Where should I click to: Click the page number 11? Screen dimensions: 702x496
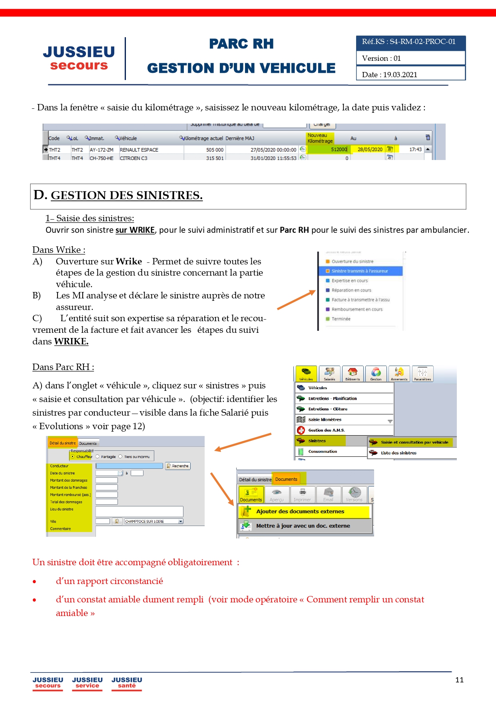coord(459,680)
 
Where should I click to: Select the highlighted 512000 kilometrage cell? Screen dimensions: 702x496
coord(339,149)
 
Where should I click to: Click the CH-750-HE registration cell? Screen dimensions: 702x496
coord(102,158)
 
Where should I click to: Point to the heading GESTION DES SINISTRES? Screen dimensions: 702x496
coord(126,195)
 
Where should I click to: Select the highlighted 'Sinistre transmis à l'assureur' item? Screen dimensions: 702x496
coord(359,271)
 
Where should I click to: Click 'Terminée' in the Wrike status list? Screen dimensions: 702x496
coord(341,319)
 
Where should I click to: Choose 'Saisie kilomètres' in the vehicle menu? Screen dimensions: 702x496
coord(325,420)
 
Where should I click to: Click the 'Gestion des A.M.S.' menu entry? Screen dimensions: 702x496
coord(326,430)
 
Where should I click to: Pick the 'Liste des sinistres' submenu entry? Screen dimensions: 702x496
coord(398,453)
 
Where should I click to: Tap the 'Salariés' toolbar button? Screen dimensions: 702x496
coord(329,374)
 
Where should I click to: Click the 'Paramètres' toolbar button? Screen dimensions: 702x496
coord(422,374)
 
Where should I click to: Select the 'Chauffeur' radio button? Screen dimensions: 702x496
coord(73,456)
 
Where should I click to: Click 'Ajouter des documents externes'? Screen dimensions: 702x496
coord(300,511)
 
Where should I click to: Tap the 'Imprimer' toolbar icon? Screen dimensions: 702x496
coord(302,494)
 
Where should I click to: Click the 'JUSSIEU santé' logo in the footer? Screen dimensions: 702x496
coord(127,682)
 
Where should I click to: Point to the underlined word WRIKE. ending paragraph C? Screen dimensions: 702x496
coord(71,341)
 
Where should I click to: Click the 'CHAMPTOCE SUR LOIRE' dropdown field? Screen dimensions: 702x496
coord(153,521)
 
